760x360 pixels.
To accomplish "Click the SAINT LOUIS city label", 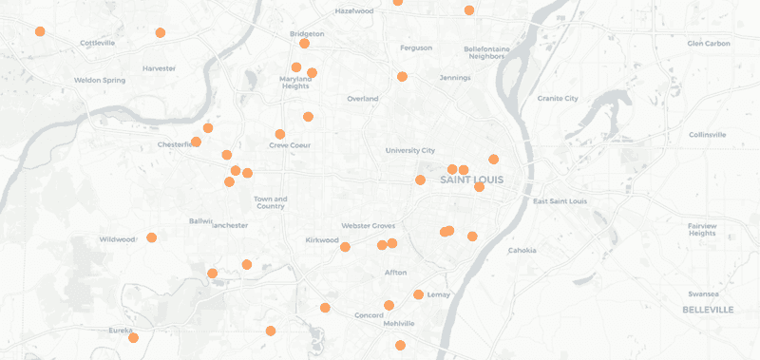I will [471, 180].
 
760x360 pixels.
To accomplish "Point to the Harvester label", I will [159, 68].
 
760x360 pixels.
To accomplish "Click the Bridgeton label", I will [307, 33].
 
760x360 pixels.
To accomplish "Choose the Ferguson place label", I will [416, 47].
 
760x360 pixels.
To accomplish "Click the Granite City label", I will [558, 98].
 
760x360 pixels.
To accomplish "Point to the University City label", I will [409, 150].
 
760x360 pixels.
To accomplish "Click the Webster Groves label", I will [366, 225].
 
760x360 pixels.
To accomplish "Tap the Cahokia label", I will [522, 250].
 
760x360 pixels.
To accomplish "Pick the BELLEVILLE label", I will [708, 310].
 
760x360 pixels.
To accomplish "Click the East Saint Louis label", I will [560, 200].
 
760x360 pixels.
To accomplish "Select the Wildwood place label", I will [118, 239].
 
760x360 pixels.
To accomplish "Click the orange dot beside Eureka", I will [134, 338].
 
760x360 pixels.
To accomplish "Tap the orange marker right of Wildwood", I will [151, 237].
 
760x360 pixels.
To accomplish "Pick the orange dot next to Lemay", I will [418, 294].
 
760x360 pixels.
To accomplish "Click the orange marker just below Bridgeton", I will [304, 44].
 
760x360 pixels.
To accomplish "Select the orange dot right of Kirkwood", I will [345, 247].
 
